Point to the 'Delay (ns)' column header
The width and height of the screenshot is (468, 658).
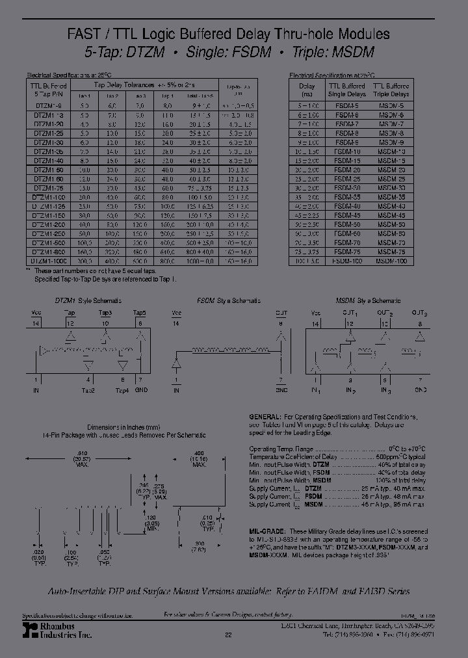[x=307, y=90]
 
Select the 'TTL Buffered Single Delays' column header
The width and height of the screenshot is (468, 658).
[x=348, y=90]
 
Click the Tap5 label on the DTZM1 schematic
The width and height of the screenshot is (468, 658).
[x=139, y=313]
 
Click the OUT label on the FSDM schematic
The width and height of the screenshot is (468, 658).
[x=281, y=313]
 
